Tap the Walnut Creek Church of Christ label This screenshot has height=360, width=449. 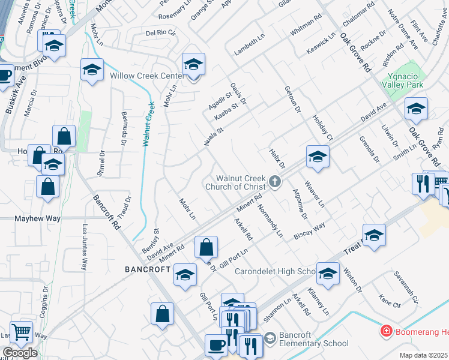coord(240,181)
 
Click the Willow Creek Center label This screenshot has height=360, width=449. coord(146,76)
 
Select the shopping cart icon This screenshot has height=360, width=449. coord(22,331)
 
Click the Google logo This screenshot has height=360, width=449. coord(20,353)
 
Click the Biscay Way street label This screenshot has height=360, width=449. coord(309,231)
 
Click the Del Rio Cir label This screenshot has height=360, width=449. coord(160,33)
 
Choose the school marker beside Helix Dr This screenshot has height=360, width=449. coord(318,157)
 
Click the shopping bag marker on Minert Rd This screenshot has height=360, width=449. coord(206,247)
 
